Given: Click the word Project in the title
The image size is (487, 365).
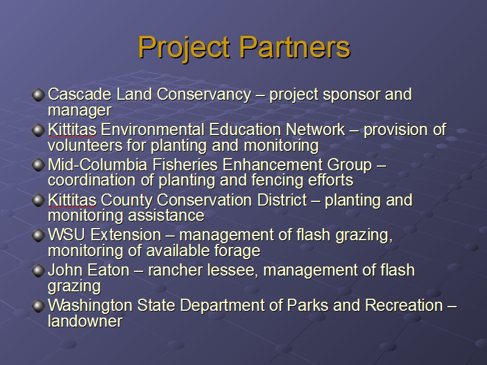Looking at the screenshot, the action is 184,48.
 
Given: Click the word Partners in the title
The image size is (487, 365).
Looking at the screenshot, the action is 295,47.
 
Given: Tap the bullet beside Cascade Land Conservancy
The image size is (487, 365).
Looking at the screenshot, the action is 38,95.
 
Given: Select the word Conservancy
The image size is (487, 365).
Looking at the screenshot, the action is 204,94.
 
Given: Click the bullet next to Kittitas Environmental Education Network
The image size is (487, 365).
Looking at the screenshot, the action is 38,130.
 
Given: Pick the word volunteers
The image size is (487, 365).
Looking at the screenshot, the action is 85,145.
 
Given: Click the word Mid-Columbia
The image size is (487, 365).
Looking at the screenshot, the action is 97,164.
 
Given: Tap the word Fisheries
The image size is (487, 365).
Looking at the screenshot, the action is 185,164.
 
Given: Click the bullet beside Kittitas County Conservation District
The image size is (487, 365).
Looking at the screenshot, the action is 38,200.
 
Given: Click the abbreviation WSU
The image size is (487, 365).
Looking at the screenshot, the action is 66,235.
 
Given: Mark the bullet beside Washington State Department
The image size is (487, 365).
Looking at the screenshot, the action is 38,306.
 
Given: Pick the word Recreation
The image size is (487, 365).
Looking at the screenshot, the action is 404,305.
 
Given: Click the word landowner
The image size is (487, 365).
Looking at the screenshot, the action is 85,321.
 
